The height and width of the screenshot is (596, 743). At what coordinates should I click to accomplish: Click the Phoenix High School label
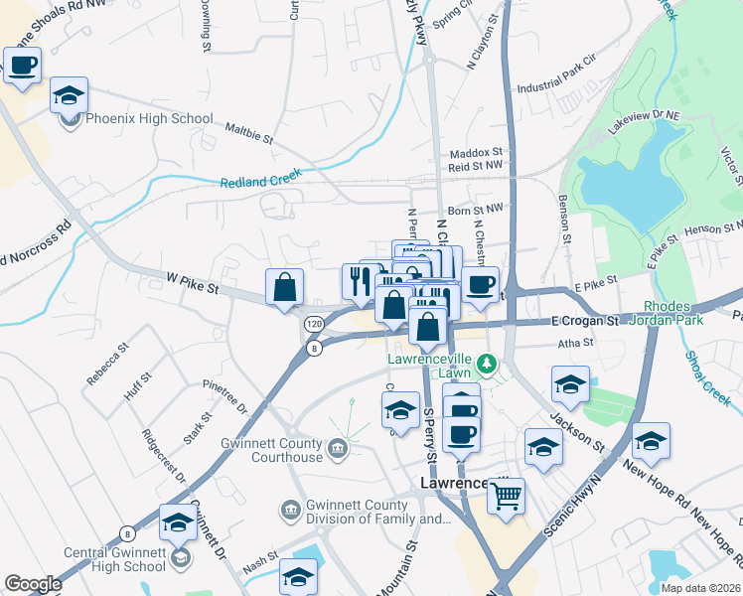pos(149,119)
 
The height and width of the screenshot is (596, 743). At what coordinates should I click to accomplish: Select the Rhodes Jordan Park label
pos(672,313)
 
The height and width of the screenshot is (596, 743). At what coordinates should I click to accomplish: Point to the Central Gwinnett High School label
pos(100,559)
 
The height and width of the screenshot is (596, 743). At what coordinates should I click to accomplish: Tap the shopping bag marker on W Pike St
pos(285,287)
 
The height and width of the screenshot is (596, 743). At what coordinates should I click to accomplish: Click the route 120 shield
pos(314,324)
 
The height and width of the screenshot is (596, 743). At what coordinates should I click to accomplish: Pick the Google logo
pos(33,584)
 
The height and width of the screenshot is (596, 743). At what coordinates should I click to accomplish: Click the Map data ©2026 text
pos(701,588)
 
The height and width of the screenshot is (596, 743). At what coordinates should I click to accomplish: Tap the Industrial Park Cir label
pos(580,86)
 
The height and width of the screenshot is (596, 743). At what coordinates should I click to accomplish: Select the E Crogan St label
pos(585,321)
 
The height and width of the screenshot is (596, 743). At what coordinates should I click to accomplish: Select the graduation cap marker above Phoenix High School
pos(69,95)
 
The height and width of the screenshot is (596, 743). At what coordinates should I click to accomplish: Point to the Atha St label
pos(575,343)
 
